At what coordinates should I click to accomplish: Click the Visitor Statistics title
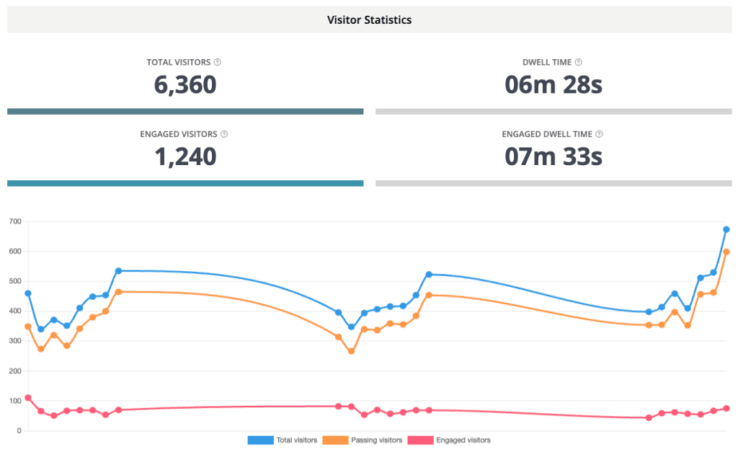point(369,20)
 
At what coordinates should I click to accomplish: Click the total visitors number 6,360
point(185,85)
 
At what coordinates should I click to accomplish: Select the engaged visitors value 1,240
point(185,156)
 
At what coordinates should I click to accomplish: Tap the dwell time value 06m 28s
point(553,85)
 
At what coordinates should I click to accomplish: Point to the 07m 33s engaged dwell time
point(553,156)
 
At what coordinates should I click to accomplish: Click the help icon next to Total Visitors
point(218,63)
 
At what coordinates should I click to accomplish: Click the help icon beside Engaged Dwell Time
point(599,134)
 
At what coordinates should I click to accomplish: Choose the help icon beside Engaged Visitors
point(224,134)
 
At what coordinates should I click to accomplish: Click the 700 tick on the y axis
point(14,221)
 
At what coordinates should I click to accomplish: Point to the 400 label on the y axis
point(14,311)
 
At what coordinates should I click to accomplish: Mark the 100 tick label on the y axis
point(14,401)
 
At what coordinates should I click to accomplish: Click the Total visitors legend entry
point(283,440)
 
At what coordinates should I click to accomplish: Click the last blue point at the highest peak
point(726,229)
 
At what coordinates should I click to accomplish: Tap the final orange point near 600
point(726,252)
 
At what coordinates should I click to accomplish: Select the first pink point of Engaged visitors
point(28,397)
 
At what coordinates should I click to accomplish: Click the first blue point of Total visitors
point(28,293)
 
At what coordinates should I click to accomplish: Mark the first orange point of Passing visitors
point(28,327)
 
